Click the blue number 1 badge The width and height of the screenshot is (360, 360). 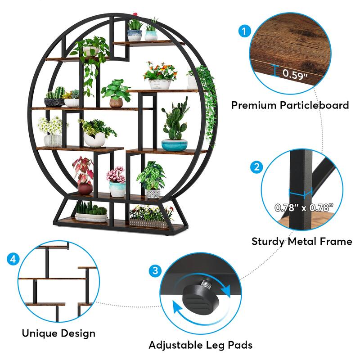coord(244,31)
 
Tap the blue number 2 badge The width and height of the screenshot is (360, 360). coord(256,167)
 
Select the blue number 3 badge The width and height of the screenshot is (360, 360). coord(155,271)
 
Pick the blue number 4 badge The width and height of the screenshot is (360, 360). coord(13,259)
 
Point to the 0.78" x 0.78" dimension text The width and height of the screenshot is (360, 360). coord(305,207)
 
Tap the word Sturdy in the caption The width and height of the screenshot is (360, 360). coord(268,242)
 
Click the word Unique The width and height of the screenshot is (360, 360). coord(38,333)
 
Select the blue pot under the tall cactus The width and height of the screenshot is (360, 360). coord(174,145)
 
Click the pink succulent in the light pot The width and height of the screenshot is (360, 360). coord(116,174)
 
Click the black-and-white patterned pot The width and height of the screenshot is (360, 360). coord(153,193)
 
